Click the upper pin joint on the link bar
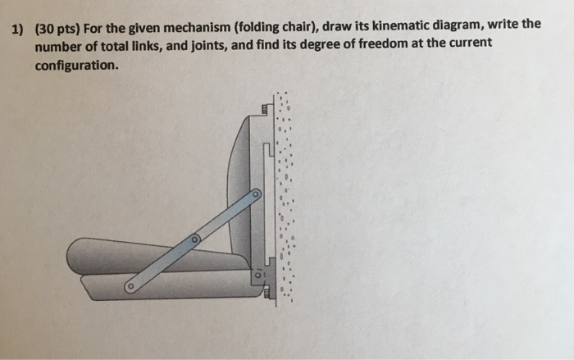tap(255, 195)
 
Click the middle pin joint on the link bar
tap(195, 240)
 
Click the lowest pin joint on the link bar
tap(129, 287)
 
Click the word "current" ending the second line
tap(469, 43)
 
